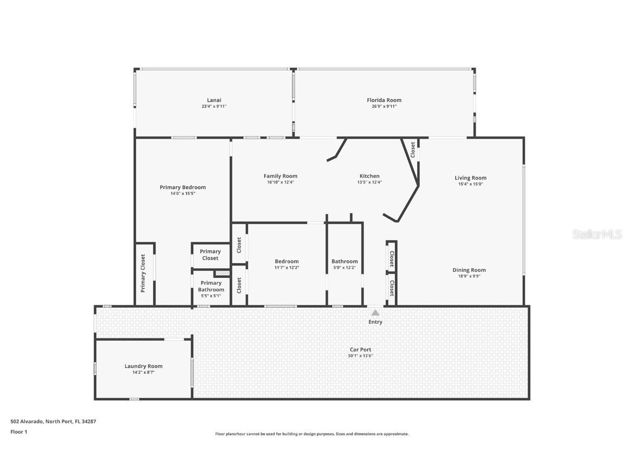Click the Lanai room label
pos(214,100)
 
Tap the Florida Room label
pos(384,100)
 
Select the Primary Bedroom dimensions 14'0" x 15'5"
pos(183,193)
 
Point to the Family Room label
pos(280,176)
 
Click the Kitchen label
pos(369,176)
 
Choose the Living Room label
pos(470,178)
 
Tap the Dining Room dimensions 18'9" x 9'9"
pos(469,276)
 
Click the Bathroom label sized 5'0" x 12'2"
pos(344,262)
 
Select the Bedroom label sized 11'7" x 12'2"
pos(286,262)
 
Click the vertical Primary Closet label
pos(144,274)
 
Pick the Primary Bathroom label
pos(211,286)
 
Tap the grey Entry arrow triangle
pos(375,313)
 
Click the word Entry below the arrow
pos(375,322)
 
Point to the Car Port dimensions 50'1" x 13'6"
pos(361,356)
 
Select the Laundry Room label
pos(144,366)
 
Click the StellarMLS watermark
pos(597,235)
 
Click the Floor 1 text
pos(18,432)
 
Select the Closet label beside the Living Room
pos(413,149)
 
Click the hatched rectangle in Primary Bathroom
pos(222,274)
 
